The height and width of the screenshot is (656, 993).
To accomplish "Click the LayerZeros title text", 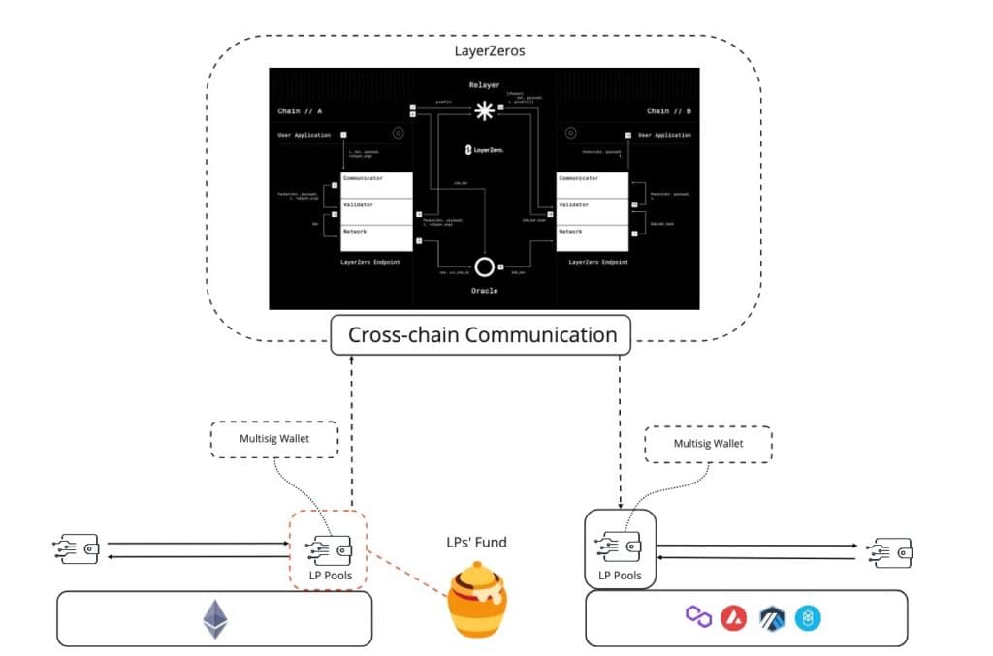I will tap(482, 49).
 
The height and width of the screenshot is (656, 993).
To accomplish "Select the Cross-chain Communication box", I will tap(482, 335).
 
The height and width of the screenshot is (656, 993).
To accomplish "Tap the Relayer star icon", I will tap(483, 112).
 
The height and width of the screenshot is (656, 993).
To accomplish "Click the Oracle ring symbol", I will tap(483, 266).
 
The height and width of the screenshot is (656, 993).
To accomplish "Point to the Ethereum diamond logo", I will tap(214, 619).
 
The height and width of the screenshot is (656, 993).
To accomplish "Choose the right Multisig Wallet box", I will tap(709, 445).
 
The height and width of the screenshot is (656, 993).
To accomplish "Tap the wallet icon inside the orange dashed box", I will tap(326, 549).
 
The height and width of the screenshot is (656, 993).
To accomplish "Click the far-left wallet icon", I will tap(77, 549).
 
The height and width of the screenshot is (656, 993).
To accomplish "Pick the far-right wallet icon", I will tap(891, 552).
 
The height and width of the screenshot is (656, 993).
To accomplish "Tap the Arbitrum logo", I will tap(772, 617).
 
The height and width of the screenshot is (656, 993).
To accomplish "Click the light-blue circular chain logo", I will tap(808, 617).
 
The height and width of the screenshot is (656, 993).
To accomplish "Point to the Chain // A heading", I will tap(300, 111).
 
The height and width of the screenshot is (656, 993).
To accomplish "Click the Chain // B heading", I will tap(669, 111).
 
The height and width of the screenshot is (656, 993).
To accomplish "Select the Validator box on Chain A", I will tap(375, 205).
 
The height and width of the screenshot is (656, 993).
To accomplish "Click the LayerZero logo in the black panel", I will tap(483, 150).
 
